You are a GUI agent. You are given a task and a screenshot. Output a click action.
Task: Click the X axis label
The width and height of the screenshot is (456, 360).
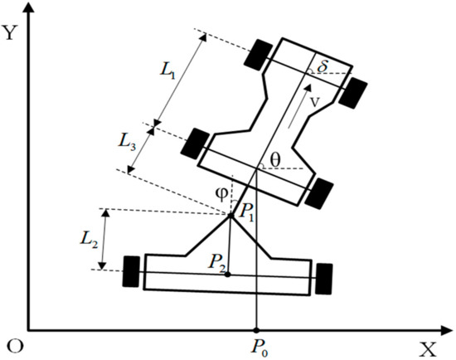pyautogui.click(x=426, y=348)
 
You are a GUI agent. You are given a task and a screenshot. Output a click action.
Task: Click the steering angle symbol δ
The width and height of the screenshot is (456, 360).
pyautogui.click(x=324, y=64)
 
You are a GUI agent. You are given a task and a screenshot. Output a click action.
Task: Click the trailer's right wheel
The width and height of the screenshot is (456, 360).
pyautogui.click(x=324, y=276)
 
